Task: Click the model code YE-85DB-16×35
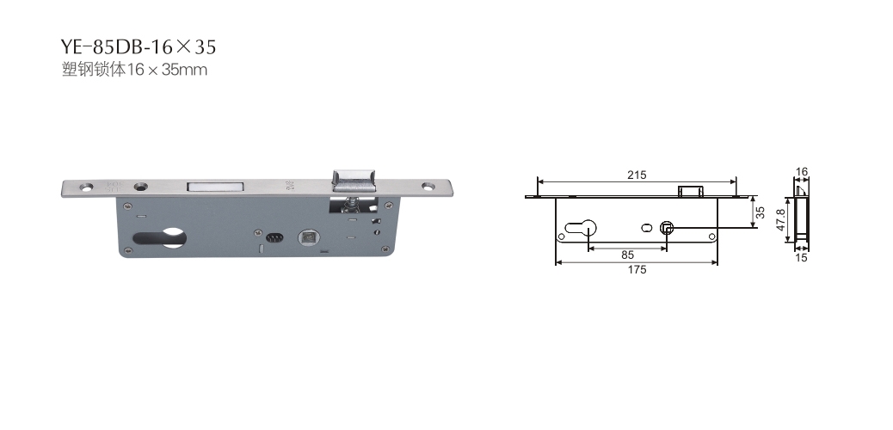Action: coord(139,46)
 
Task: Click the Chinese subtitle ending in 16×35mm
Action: coord(134,70)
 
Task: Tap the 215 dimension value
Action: coord(637,175)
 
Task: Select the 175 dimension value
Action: coord(637,269)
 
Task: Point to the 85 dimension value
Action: coord(628,255)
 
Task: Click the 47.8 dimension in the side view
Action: coord(781,219)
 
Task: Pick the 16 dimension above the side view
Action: coord(801,171)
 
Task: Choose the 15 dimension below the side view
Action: coord(801,257)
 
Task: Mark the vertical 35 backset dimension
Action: coord(761,213)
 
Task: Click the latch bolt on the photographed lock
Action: coord(354,180)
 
